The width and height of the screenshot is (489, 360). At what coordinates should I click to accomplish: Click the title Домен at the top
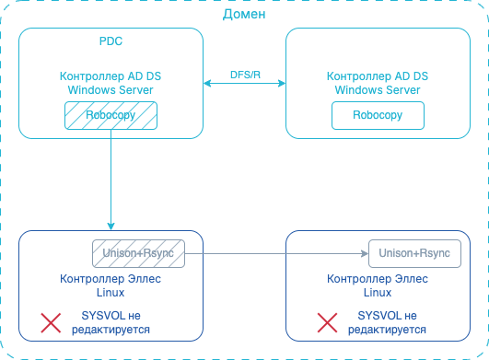[x=244, y=14]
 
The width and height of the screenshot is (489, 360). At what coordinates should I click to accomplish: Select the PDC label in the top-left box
[x=111, y=42]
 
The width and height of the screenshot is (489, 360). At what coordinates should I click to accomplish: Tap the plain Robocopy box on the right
[x=378, y=116]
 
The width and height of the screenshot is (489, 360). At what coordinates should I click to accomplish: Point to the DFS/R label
[x=244, y=74]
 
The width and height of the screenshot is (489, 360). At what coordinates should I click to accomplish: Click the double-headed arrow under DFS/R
[x=244, y=85]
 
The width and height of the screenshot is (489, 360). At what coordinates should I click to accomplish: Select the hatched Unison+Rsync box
[x=138, y=252]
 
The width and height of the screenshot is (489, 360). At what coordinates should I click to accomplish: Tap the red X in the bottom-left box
[x=51, y=321]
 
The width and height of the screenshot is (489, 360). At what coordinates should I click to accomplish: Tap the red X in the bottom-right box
[x=327, y=321]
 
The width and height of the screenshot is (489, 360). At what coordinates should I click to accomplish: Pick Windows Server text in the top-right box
[x=378, y=89]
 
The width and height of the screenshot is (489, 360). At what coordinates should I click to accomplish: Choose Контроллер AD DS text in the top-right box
[x=378, y=77]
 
